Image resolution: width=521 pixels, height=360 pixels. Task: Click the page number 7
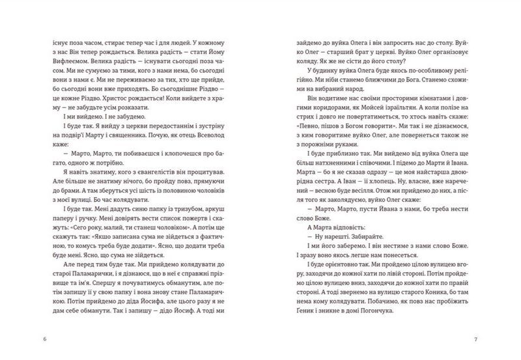pos(477,341)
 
